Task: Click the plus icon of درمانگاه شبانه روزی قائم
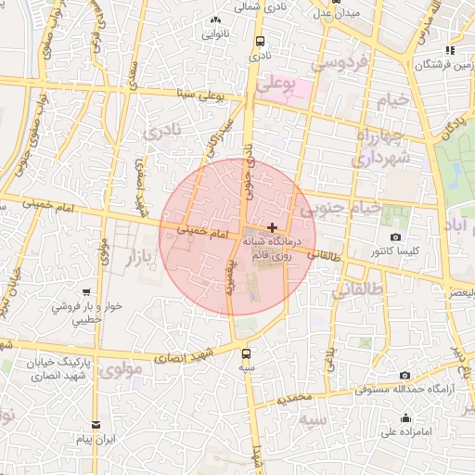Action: pos(271,227)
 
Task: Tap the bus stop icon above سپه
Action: pos(246,353)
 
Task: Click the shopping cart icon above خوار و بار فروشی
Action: pos(86,293)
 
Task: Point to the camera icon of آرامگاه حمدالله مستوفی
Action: pos(404,375)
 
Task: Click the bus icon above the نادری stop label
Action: pos(259,42)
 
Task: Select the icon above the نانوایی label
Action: pos(216,20)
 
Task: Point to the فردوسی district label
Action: pos(341,64)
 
